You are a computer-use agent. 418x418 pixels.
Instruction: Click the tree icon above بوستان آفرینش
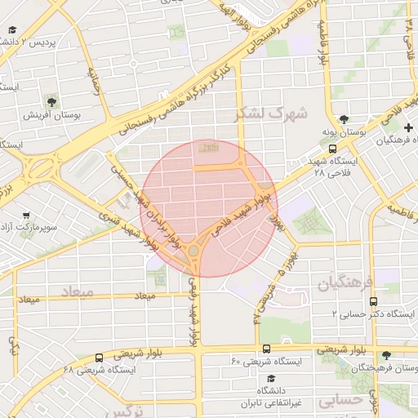52,102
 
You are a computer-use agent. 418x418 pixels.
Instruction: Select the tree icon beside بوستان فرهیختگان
385,355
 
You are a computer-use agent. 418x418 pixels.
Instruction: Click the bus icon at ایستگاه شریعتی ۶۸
99,357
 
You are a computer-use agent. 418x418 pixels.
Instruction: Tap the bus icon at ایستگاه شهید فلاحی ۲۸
332,149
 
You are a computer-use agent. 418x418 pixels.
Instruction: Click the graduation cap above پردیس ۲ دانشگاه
12,30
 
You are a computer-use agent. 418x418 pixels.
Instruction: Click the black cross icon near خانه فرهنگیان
408,128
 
